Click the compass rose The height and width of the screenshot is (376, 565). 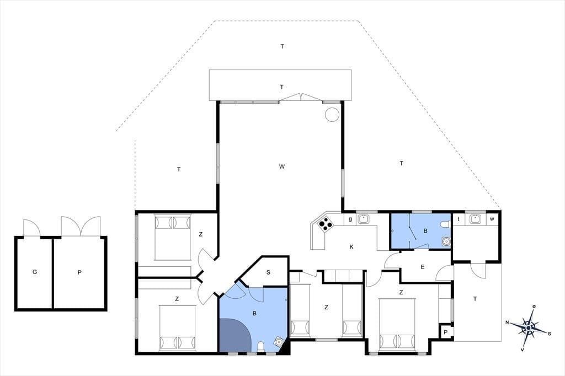tap(528, 327)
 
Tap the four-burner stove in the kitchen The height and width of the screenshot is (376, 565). tap(326, 224)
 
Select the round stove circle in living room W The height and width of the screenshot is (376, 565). tap(332, 115)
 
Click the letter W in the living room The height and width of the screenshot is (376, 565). tap(282, 166)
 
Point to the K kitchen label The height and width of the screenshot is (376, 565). tap(351, 246)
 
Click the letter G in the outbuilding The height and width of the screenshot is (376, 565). tap(35, 272)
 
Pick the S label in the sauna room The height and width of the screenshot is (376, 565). tap(268, 272)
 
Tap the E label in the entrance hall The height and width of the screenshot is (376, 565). tap(422, 267)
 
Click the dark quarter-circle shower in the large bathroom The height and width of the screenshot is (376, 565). tap(233, 336)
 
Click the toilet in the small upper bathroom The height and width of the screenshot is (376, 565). tap(445, 224)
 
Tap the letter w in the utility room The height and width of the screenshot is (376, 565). tap(492, 219)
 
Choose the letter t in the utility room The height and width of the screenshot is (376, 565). tap(459, 219)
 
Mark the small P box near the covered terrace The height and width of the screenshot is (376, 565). tap(446, 332)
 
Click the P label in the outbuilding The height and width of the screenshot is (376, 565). tap(79, 272)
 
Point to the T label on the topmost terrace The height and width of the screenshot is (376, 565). tap(282, 46)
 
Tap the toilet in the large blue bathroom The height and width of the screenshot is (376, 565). tap(261, 347)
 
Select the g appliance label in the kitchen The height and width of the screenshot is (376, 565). tap(350, 219)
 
